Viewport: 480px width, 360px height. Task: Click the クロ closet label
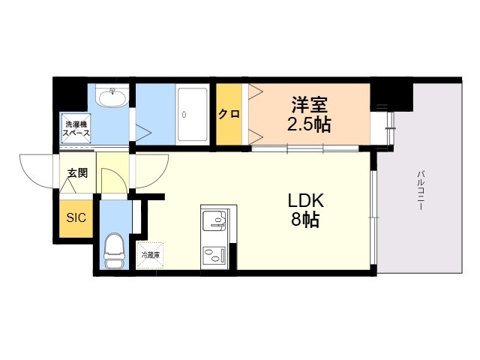(229, 115)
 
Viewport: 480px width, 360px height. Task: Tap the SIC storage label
(76, 219)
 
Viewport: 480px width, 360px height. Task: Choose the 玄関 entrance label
(77, 173)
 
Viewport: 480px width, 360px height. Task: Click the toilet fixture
(115, 250)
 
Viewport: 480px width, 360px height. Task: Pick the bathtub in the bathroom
(193, 114)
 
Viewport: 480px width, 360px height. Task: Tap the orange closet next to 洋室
(229, 115)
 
